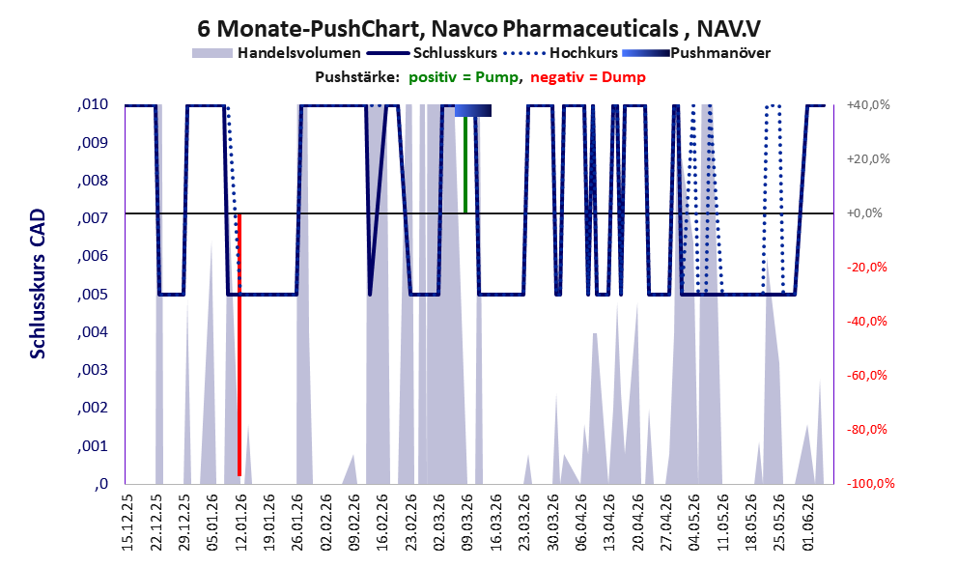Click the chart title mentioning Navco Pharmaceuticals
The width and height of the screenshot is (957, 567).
coord(479,28)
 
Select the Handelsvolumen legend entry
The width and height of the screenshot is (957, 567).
coord(276,53)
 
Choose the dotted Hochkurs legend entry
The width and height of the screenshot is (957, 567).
coord(560,53)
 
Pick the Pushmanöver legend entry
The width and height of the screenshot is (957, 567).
coord(695,53)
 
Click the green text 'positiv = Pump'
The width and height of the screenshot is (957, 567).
coord(464,77)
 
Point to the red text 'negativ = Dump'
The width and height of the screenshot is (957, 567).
coord(588,77)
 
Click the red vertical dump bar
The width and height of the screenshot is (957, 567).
coord(239,345)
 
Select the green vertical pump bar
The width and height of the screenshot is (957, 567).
coord(465,165)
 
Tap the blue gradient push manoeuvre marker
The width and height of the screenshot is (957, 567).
coord(473,110)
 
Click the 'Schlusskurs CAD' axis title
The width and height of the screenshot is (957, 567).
coord(38,284)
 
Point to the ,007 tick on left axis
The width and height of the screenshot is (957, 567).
coord(93,218)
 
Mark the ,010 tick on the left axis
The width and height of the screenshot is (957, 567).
coord(93,104)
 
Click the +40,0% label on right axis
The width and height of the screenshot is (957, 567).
coord(868,105)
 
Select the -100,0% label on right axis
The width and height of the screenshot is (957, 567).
coord(870,483)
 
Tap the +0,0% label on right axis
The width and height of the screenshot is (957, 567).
coord(864,213)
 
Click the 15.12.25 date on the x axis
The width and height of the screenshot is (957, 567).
coord(127,523)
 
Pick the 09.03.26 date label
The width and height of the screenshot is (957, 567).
coord(468,523)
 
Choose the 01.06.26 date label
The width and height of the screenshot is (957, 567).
coord(808,523)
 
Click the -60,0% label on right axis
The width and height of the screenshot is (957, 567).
coord(866,376)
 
